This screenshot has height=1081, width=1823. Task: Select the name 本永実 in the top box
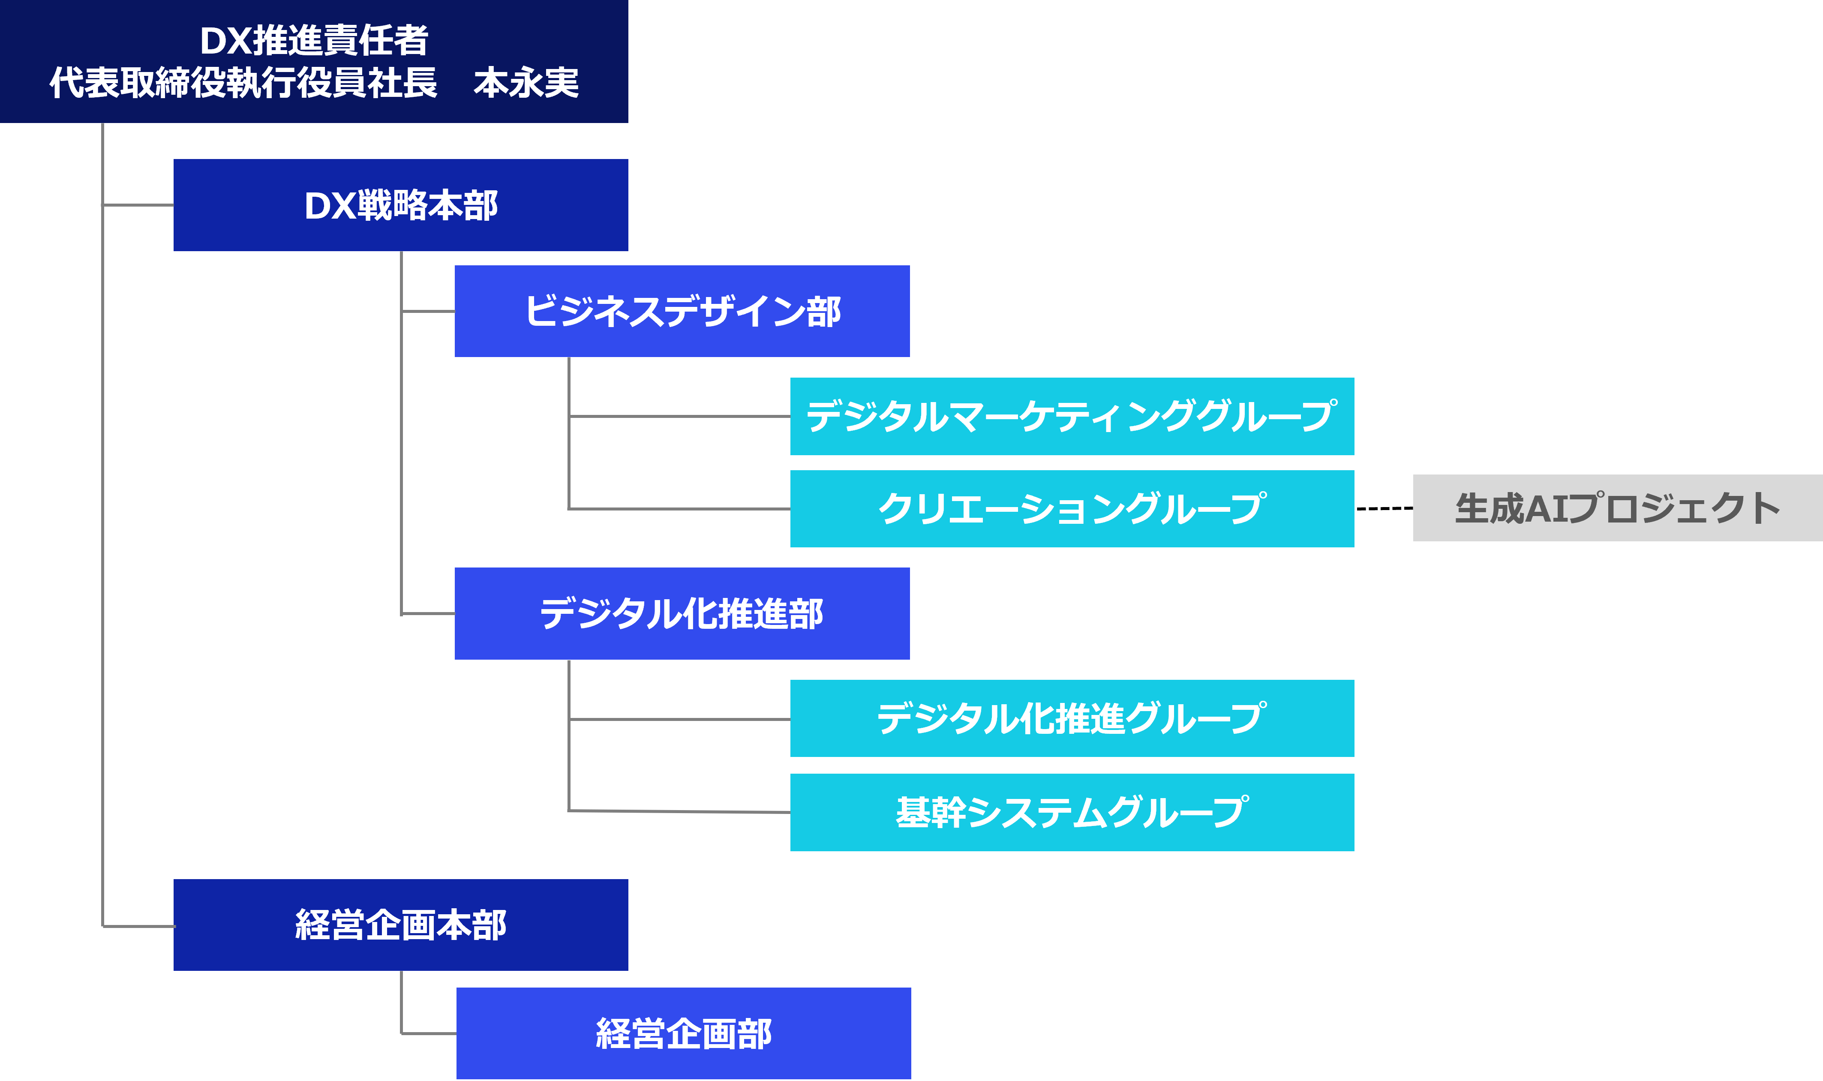point(526,82)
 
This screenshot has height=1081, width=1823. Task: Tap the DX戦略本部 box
point(401,205)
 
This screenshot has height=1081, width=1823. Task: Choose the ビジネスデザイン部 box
point(682,311)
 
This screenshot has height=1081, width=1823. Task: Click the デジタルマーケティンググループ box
point(1071,416)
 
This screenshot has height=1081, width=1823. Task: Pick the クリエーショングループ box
point(1071,508)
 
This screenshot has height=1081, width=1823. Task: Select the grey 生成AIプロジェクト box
point(1617,508)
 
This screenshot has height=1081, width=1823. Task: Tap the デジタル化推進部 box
point(682,613)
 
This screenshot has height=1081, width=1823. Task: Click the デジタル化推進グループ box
point(1071,718)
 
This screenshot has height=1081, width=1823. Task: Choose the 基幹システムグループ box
point(1071,811)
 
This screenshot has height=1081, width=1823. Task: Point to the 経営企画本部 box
point(401,925)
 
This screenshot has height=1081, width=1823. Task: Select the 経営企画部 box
point(683,1033)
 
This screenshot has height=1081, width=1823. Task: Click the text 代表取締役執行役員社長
point(243,82)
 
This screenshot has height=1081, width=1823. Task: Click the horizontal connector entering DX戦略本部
point(138,205)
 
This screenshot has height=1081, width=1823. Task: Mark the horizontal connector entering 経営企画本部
point(138,926)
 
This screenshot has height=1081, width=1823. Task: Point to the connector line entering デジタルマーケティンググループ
point(679,416)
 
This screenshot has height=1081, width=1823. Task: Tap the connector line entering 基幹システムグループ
point(679,811)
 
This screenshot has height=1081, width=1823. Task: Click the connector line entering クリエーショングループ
point(679,508)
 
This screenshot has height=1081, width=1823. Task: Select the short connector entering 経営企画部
point(429,1033)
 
